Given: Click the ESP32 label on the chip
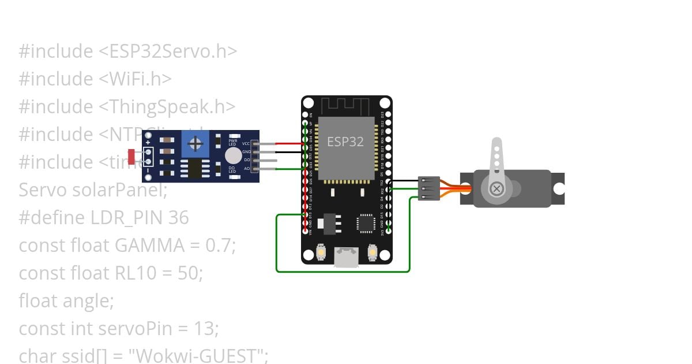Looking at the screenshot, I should coord(345,141).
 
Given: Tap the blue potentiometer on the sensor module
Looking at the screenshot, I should coord(195,143).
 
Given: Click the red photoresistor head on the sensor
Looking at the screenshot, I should coord(131,155).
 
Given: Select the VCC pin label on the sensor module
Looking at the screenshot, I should coord(246,143).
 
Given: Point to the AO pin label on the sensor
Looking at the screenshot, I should coord(247,169).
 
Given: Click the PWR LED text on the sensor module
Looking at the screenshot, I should coord(233,141).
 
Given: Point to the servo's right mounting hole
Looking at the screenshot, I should coord(558,189).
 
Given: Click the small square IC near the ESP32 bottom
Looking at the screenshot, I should coord(366,224).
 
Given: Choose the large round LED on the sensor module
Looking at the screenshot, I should coord(233,155).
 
